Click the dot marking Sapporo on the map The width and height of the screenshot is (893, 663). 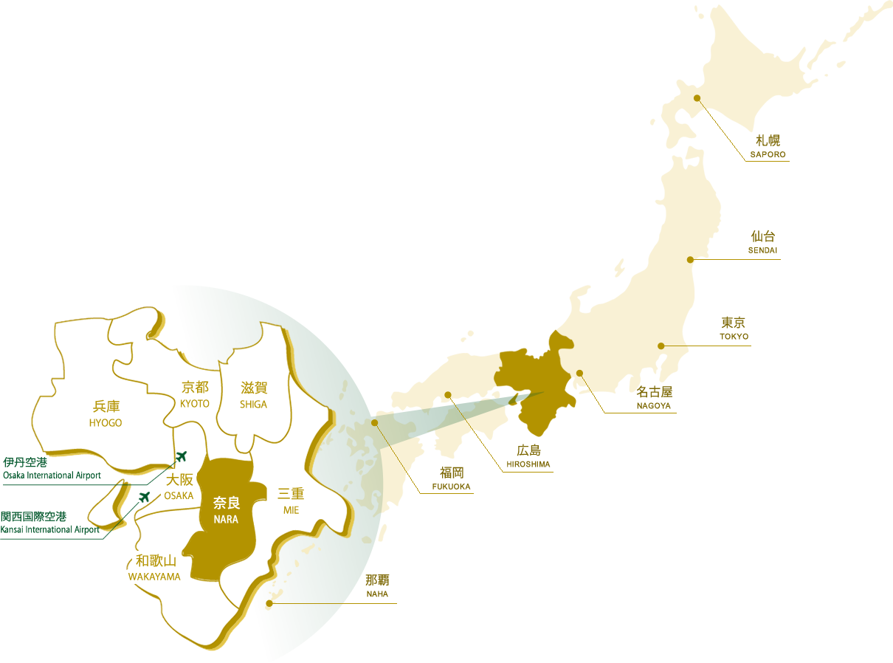(697, 98)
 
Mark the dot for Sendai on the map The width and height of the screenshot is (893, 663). (690, 260)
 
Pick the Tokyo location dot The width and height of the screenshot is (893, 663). (661, 346)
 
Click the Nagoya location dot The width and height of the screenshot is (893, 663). (579, 373)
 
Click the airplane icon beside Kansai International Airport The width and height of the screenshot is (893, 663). (144, 495)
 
